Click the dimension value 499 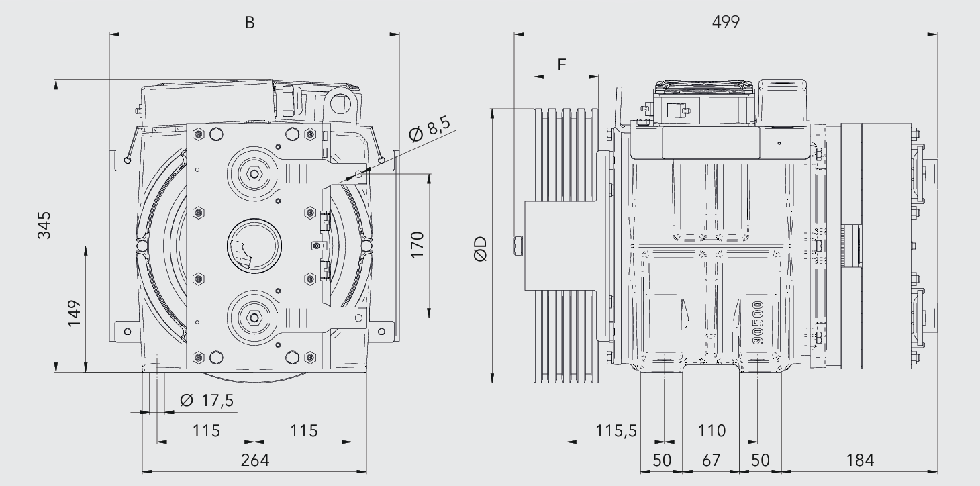tap(726, 21)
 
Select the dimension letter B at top tap(250, 22)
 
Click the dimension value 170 tap(417, 245)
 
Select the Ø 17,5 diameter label tap(207, 401)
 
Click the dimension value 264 tap(254, 460)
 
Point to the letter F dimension tap(562, 64)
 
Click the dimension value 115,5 tap(616, 430)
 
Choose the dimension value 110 tap(712, 430)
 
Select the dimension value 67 tap(711, 460)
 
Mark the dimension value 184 tap(860, 460)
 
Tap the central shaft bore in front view tap(252, 246)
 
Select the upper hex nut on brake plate tap(254, 174)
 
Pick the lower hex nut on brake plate tap(254, 317)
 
